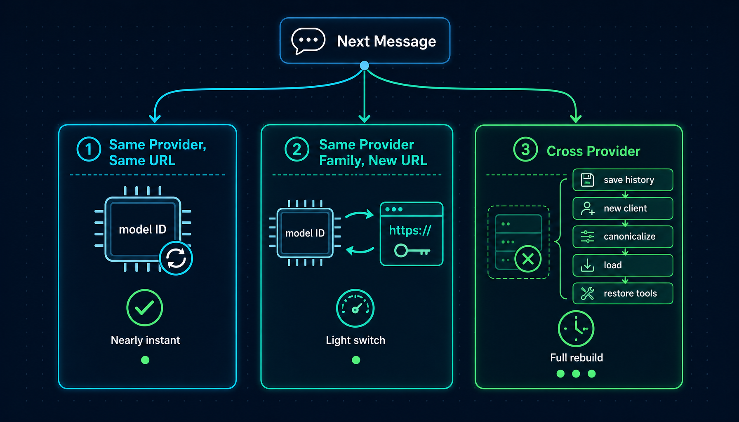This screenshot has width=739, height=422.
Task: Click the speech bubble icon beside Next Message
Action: [x=308, y=41]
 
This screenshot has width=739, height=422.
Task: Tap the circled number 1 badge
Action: [x=89, y=149]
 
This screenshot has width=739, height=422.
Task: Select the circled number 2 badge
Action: [x=297, y=149]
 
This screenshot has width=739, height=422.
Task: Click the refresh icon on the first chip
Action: [x=176, y=258]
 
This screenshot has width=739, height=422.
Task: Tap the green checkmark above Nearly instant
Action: [x=145, y=307]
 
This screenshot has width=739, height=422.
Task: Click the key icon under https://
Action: [x=412, y=250]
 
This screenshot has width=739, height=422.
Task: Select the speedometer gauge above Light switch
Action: [x=355, y=308]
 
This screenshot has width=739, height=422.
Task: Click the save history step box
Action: [x=623, y=180]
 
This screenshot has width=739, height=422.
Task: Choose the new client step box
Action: [x=623, y=209]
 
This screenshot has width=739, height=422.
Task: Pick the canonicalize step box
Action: [x=623, y=237]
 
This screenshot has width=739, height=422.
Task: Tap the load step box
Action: [x=623, y=265]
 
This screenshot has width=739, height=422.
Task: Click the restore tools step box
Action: [x=623, y=293]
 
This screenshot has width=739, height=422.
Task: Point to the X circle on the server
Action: [x=528, y=259]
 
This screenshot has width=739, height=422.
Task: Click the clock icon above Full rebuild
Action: [x=576, y=328]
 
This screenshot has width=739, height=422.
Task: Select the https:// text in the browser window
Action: [x=410, y=230]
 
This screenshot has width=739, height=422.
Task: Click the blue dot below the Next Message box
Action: [x=364, y=66]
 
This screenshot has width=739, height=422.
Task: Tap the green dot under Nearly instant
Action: [x=145, y=360]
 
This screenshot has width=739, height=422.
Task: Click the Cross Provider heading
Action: [x=593, y=151]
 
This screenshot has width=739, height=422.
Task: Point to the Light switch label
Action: [x=355, y=340]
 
